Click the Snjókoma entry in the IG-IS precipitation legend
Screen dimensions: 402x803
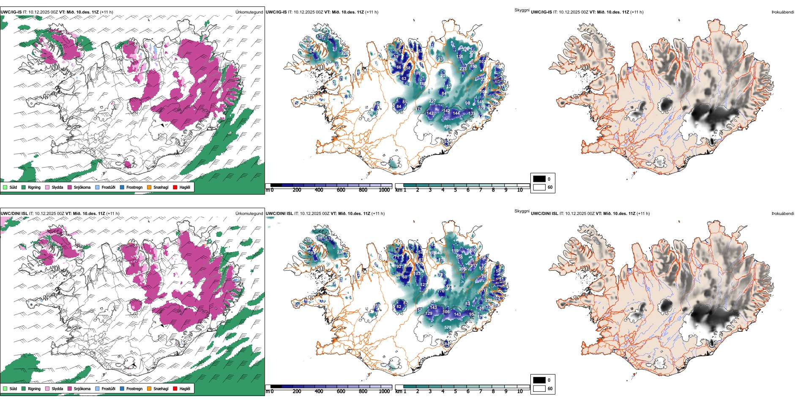click(82, 187)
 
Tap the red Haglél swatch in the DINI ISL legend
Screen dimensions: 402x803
click(175, 388)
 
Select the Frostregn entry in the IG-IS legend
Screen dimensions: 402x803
click(134, 187)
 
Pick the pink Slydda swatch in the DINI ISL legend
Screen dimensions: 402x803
click(47, 388)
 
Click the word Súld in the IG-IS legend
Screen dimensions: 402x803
click(13, 187)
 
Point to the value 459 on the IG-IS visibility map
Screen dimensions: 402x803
click(447, 126)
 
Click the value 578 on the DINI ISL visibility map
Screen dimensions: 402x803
click(448, 327)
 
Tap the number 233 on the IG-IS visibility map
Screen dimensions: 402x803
click(463, 69)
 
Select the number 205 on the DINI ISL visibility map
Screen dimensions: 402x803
click(463, 269)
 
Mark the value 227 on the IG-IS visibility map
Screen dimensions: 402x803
click(432, 101)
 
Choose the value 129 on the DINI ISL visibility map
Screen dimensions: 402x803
click(429, 314)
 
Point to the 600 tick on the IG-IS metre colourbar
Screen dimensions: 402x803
click(341, 190)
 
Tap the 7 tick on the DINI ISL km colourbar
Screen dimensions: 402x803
click(481, 391)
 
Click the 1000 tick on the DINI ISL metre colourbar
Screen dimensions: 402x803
click(384, 391)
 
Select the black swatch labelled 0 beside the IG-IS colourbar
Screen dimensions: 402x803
click(539, 179)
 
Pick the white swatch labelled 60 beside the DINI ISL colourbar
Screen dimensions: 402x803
click(539, 388)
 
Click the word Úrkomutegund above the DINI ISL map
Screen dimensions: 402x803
click(249, 213)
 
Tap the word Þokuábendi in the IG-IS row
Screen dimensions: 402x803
click(783, 12)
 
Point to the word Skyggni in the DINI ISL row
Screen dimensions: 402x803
click(522, 211)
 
